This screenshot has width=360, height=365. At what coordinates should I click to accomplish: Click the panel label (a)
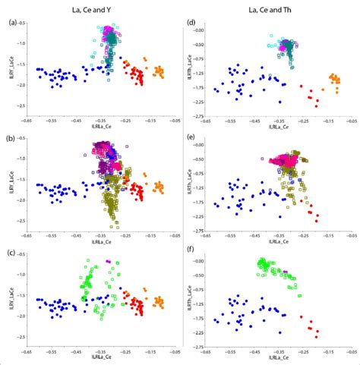(x=10, y=22)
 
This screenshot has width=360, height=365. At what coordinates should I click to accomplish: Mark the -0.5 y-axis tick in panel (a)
(x=21, y=24)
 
